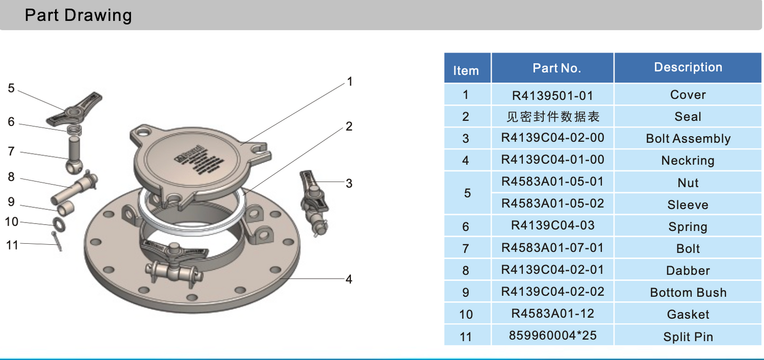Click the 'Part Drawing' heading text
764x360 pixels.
(x=78, y=15)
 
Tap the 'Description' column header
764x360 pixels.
(x=688, y=67)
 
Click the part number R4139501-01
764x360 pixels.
(x=553, y=95)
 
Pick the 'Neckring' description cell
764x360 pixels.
(x=688, y=160)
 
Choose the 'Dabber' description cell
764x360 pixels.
(x=688, y=271)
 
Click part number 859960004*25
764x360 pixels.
(x=553, y=335)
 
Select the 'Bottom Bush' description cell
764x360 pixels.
(x=688, y=293)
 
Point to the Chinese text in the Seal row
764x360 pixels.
(x=553, y=117)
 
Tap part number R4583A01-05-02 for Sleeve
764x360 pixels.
(x=553, y=204)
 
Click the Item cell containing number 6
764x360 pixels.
(x=466, y=226)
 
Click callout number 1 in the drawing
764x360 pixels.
(x=350, y=82)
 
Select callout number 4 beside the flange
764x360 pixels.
(x=349, y=279)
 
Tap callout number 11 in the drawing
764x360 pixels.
(x=12, y=245)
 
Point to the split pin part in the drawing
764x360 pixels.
(x=57, y=241)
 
